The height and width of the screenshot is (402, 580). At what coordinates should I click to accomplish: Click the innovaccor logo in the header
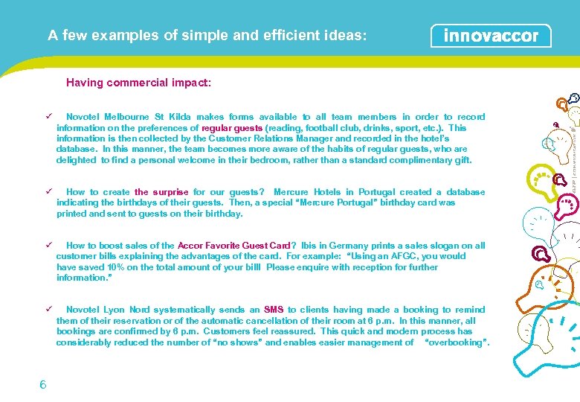coord(491,36)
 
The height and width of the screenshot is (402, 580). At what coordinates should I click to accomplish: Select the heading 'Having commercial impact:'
coord(138,83)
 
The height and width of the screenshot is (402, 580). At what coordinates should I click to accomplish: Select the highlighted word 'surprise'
coord(170,192)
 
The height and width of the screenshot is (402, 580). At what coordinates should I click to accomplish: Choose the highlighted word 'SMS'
coord(274,310)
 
